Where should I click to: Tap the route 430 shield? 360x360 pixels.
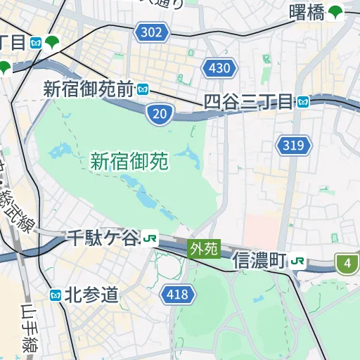(219, 68)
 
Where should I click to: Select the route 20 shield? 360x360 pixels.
(160, 113)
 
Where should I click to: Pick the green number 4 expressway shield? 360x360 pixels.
(347, 264)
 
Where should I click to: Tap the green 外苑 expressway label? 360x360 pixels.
(204, 248)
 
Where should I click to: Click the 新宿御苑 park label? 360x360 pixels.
(129, 162)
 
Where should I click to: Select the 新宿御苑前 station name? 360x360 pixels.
(88, 89)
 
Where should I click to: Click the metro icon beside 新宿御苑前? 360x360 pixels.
(143, 89)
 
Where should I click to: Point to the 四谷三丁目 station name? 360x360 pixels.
(247, 102)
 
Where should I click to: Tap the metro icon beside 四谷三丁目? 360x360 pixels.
(302, 102)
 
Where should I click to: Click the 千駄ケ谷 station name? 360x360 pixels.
(103, 238)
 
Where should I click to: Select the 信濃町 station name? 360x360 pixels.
(259, 261)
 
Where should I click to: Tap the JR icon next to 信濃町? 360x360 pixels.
(298, 261)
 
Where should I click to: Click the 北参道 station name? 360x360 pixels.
(91, 295)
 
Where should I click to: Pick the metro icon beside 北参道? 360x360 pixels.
(56, 295)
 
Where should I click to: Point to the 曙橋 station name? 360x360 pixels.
(307, 12)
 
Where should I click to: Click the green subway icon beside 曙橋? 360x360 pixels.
(336, 12)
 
